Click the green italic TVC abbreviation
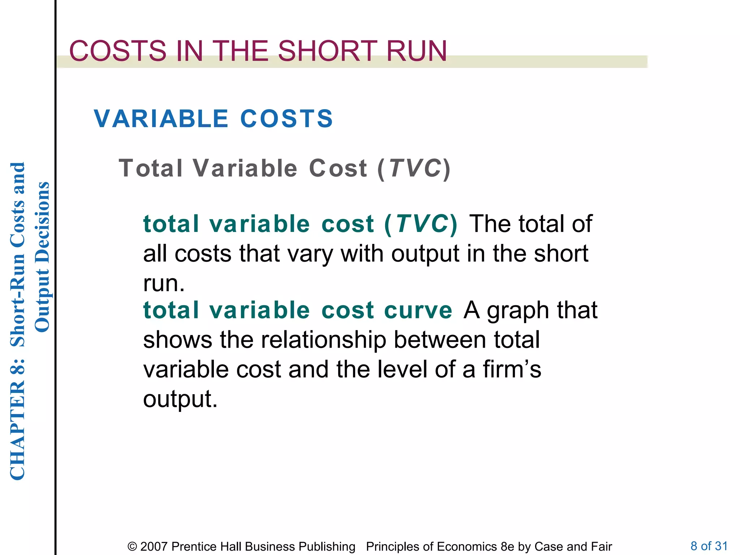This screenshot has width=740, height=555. (422, 224)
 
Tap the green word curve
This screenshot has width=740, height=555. (418, 310)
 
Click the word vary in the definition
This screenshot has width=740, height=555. (310, 254)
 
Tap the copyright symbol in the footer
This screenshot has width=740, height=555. (132, 546)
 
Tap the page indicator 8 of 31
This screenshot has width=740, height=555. (709, 546)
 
